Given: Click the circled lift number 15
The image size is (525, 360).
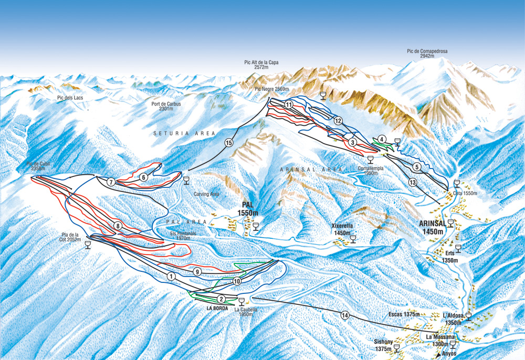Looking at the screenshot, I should pos(228,142).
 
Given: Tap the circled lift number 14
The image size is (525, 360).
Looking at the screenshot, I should pos(344,315).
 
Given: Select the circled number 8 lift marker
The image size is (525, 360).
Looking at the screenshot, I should pos(118,226).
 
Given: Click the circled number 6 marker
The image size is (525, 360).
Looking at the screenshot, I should pos(143,177).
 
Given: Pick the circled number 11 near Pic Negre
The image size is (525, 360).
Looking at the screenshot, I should pos(289,104).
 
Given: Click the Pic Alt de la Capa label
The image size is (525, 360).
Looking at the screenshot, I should pos(261,65).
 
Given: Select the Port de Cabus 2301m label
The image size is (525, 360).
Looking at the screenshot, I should pos(166,107).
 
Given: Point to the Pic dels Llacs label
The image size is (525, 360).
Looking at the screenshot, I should pos(71,98).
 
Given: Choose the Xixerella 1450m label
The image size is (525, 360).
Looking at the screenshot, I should pos(342,229).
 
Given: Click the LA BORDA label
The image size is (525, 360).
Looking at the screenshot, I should pos(217,308).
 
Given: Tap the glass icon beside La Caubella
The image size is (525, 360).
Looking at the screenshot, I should pos(241,301).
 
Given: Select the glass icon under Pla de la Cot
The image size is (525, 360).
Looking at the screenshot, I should pos(87,245).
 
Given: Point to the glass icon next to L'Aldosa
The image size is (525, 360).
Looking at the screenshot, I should pos(468,316).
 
